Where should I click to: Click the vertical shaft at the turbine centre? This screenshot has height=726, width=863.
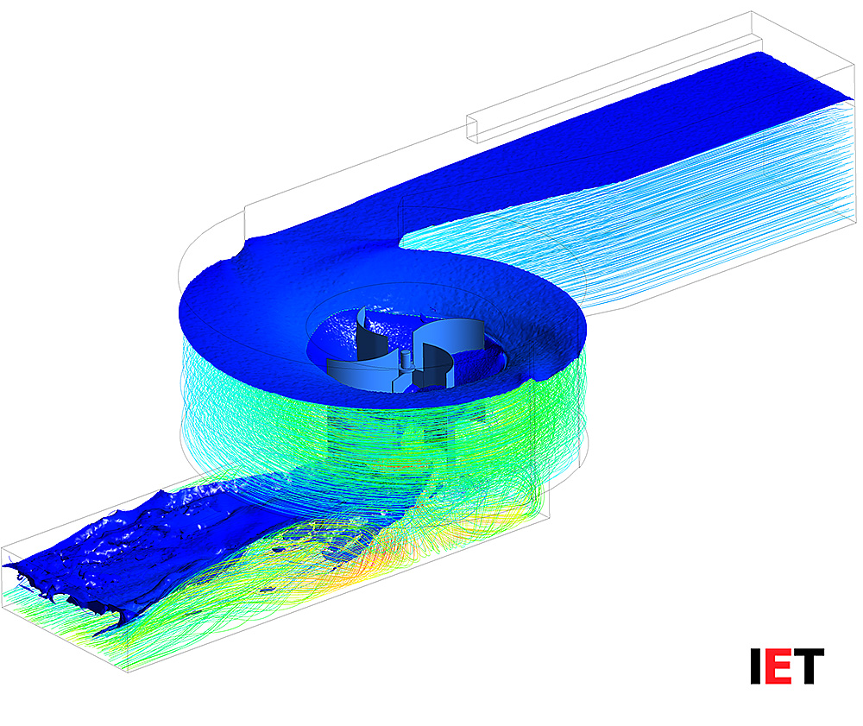406,360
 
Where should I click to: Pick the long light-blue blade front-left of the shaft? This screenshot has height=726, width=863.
361,375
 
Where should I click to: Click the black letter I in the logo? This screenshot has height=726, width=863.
756,666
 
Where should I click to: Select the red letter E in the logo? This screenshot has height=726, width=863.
778,666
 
